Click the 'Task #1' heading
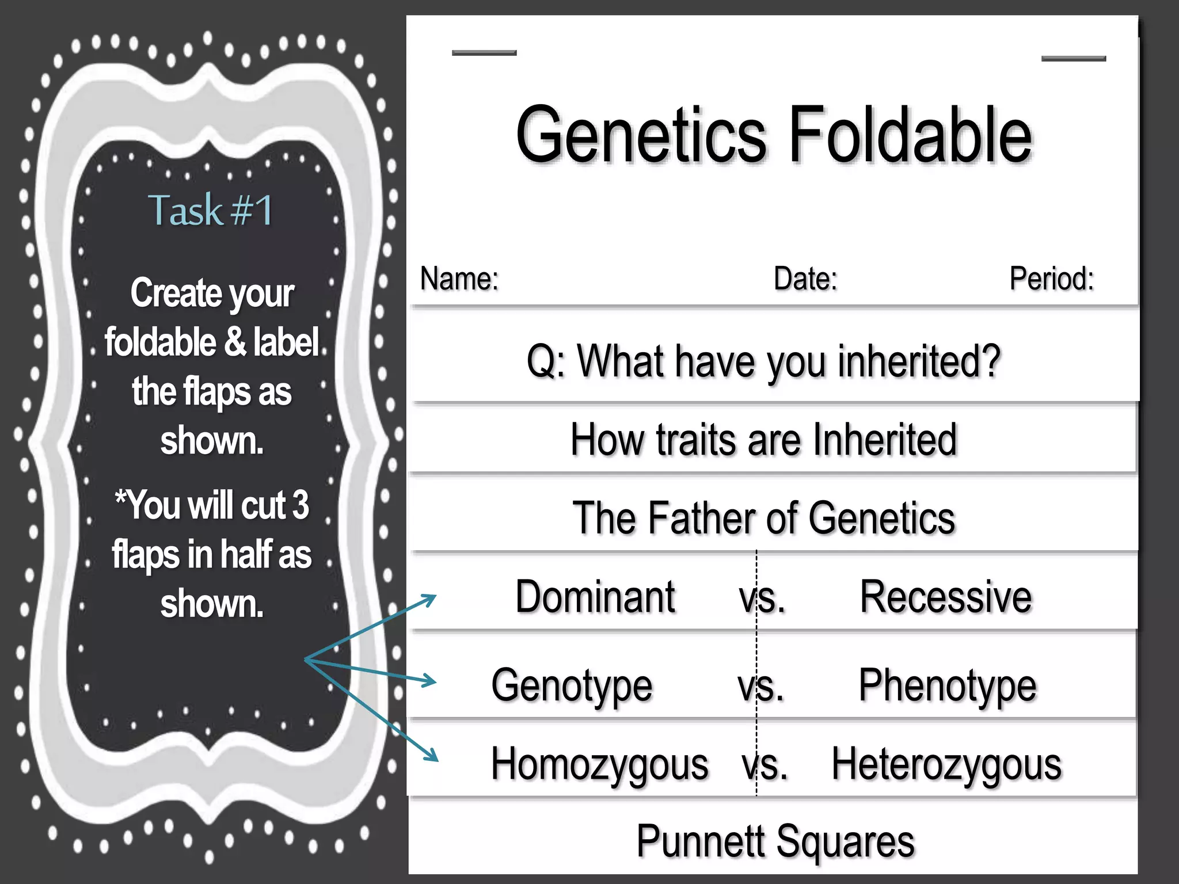[x=211, y=210]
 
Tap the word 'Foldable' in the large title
[x=911, y=135]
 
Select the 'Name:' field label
[x=459, y=279]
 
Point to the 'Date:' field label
[x=805, y=279]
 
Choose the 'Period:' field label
[x=1051, y=279]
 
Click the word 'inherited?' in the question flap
[x=919, y=361]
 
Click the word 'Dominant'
[x=595, y=597]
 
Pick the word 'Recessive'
[x=946, y=597]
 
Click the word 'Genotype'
[x=572, y=685]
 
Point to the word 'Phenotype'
[x=948, y=685]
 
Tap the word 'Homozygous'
[x=599, y=765]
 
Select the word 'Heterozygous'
[x=946, y=765]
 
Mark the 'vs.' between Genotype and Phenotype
[x=760, y=687]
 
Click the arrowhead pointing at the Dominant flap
[x=431, y=599]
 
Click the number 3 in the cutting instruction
[x=300, y=505]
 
